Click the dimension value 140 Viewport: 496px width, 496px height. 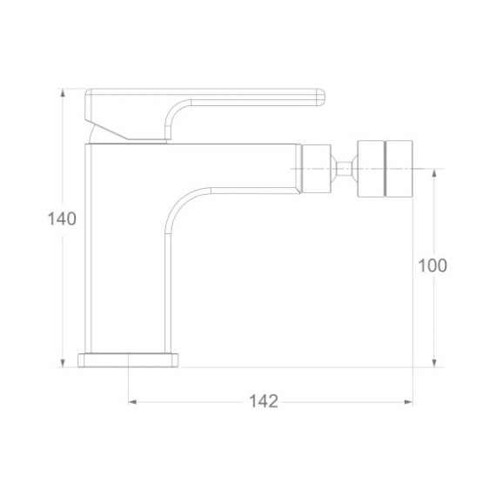click(x=62, y=218)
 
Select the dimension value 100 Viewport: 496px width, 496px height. click(x=432, y=265)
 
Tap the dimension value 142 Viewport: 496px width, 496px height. click(x=264, y=402)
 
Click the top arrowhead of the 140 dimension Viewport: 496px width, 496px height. click(x=63, y=92)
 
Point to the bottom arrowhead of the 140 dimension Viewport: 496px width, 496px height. click(x=63, y=364)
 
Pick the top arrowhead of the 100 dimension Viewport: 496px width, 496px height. click(x=434, y=172)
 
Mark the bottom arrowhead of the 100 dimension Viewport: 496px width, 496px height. click(x=434, y=364)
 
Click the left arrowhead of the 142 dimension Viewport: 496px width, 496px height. click(x=132, y=402)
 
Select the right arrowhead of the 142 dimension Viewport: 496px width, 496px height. click(x=409, y=402)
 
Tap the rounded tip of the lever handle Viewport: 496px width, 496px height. click(x=320, y=97)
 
